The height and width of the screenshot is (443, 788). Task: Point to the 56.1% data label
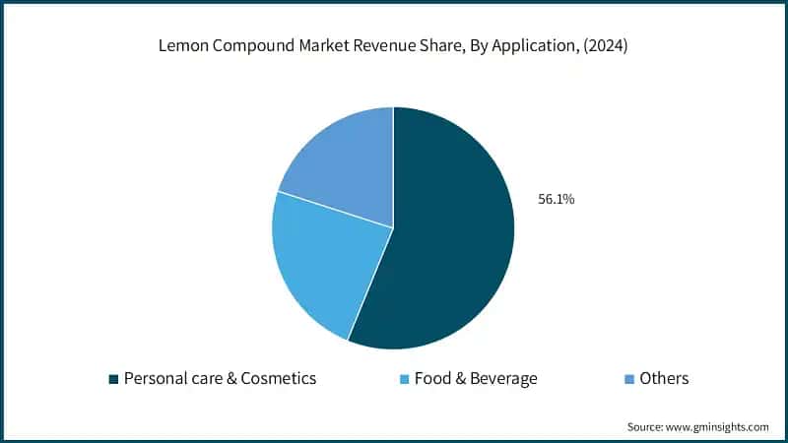pos(556,199)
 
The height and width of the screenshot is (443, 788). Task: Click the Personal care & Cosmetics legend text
pos(219,378)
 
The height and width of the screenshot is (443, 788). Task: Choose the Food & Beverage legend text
pos(476,378)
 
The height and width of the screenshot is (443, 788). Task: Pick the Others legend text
pos(664,378)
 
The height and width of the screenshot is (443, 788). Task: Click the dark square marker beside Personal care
pos(113,379)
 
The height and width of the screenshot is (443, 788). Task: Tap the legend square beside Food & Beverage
pos(405,379)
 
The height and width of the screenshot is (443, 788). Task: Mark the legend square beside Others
pos(629,379)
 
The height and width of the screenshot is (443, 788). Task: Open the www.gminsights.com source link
pos(720,427)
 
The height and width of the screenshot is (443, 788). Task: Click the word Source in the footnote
pos(647,427)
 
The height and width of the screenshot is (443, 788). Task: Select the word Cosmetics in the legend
pos(278,378)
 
